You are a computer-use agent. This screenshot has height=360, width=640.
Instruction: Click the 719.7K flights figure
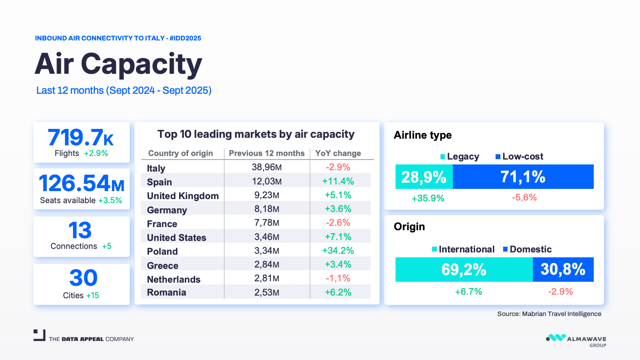[81, 137]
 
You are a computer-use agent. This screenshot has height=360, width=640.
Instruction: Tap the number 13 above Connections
[80, 231]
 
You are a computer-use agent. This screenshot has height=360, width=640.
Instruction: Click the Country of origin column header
[180, 153]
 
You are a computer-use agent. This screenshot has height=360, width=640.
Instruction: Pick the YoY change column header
[338, 153]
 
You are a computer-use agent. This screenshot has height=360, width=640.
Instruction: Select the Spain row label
[159, 182]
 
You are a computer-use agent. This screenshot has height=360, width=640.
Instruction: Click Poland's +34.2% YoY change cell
[339, 251]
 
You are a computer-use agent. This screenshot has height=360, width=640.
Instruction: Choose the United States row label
[176, 238]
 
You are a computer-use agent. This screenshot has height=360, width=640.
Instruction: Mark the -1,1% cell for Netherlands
[339, 279]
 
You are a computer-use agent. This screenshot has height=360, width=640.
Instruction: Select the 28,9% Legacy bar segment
[424, 177]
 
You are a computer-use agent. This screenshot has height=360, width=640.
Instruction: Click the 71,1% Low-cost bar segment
[523, 177]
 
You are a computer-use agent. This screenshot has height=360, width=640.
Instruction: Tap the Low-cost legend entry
[519, 156]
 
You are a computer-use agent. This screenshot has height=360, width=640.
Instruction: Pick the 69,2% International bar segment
[464, 269]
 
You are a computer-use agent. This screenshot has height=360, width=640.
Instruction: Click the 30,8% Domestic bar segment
[563, 269]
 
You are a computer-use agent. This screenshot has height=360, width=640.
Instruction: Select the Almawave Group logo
[576, 340]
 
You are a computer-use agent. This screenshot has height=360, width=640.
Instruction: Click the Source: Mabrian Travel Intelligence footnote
[549, 314]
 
